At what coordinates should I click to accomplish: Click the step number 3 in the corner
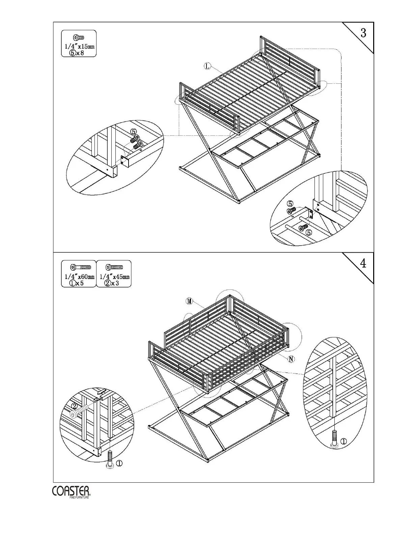[363, 33]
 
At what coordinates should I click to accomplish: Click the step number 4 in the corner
[363, 263]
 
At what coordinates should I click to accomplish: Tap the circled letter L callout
[208, 66]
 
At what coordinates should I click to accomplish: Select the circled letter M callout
[189, 301]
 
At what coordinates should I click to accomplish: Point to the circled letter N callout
[291, 359]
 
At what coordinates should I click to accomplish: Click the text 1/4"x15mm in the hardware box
[79, 46]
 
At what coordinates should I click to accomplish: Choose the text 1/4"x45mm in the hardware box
[114, 277]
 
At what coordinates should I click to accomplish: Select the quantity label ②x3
[112, 283]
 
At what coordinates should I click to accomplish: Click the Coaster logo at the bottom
[71, 492]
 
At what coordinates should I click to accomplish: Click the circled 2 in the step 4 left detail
[75, 407]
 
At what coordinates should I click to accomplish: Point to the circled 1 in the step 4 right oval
[343, 441]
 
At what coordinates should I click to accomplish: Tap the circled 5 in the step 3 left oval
[134, 131]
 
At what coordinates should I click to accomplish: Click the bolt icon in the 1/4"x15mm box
[79, 37]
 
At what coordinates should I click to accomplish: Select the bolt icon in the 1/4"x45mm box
[114, 267]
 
